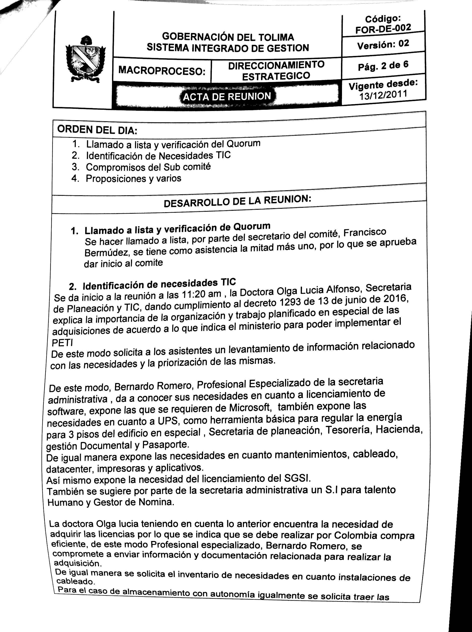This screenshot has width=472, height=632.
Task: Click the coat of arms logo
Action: click(x=85, y=59)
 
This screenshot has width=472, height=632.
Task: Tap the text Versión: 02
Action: click(x=383, y=44)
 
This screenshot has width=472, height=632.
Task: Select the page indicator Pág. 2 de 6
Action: click(x=383, y=66)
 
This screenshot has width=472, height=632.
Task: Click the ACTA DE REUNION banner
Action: click(x=227, y=97)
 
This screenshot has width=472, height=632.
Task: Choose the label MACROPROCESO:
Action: click(x=162, y=70)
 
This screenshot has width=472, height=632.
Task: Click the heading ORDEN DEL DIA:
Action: click(x=97, y=130)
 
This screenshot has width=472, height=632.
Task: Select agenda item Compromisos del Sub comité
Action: click(x=148, y=166)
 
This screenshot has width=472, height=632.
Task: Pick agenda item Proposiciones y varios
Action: click(x=133, y=178)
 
